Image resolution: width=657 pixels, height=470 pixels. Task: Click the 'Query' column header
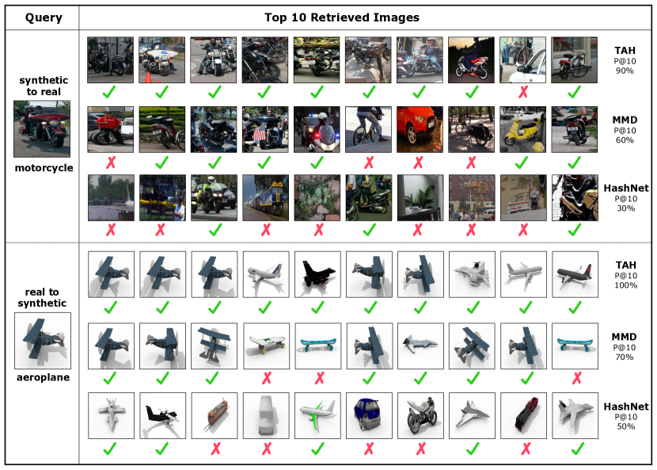pos(44,17)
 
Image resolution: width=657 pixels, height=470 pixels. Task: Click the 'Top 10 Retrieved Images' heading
pos(342,17)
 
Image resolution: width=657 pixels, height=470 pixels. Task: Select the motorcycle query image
pos(42,129)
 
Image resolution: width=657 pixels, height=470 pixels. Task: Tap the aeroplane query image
pos(42,341)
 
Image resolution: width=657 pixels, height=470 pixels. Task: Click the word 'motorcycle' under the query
pos(44,168)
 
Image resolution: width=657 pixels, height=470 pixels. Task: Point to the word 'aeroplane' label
pos(44,377)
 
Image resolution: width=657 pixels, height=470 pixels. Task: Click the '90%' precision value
pos(625,71)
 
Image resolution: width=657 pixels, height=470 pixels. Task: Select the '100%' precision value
pos(625,285)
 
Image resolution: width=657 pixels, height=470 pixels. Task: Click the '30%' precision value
pos(625,208)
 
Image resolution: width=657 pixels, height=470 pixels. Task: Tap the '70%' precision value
pos(625,357)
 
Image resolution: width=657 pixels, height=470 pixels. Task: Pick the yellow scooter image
pos(523,129)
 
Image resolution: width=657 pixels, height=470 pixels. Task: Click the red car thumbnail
pos(420,129)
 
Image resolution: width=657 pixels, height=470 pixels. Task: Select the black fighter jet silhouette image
pos(317,274)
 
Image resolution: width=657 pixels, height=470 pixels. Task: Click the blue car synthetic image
pos(369,415)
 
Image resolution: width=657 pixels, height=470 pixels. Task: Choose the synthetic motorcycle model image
pos(420,415)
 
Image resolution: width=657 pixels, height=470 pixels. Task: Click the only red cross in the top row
pos(523,92)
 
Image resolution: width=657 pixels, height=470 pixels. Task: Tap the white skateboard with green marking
pos(266,346)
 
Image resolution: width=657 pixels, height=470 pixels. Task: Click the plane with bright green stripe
pos(317,415)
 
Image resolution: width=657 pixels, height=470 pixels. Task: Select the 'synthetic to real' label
pos(44,86)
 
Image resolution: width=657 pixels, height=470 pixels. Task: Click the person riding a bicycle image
pos(368,129)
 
